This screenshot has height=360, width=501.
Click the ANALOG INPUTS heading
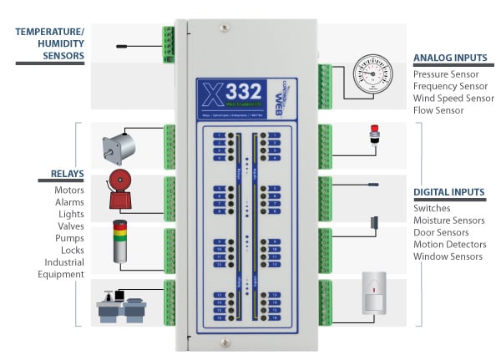[x=450, y=58]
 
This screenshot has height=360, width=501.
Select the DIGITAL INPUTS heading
[x=449, y=192]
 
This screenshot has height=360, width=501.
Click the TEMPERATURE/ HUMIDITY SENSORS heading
[x=50, y=44]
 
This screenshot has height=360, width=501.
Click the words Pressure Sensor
[x=448, y=74]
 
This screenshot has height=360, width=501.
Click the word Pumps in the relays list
[x=69, y=238]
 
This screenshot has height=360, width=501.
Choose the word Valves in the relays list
[x=69, y=226]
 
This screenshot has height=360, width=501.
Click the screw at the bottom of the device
[x=222, y=342]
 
